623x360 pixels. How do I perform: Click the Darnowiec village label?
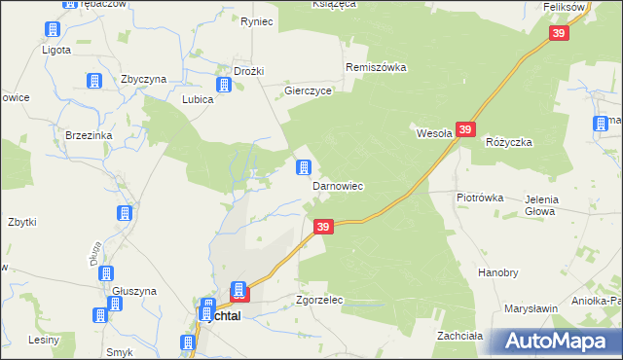coord(337,185)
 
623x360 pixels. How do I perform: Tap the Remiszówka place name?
coord(376,68)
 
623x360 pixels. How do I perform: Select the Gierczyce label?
coord(309,90)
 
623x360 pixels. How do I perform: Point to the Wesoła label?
coord(433,134)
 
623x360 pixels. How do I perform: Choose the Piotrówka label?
coord(480,198)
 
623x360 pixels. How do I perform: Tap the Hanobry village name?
coord(497,273)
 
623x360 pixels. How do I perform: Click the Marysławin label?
coord(531,308)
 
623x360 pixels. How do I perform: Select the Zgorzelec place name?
coord(319,301)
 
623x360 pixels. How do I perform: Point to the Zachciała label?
coord(460,336)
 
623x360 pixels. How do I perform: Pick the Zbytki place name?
coord(21,222)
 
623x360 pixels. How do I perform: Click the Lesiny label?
coord(44,340)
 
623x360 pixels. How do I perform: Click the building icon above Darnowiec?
coord(305,168)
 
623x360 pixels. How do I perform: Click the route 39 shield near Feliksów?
coord(558,33)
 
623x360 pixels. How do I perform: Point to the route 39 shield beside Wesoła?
coord(465,129)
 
